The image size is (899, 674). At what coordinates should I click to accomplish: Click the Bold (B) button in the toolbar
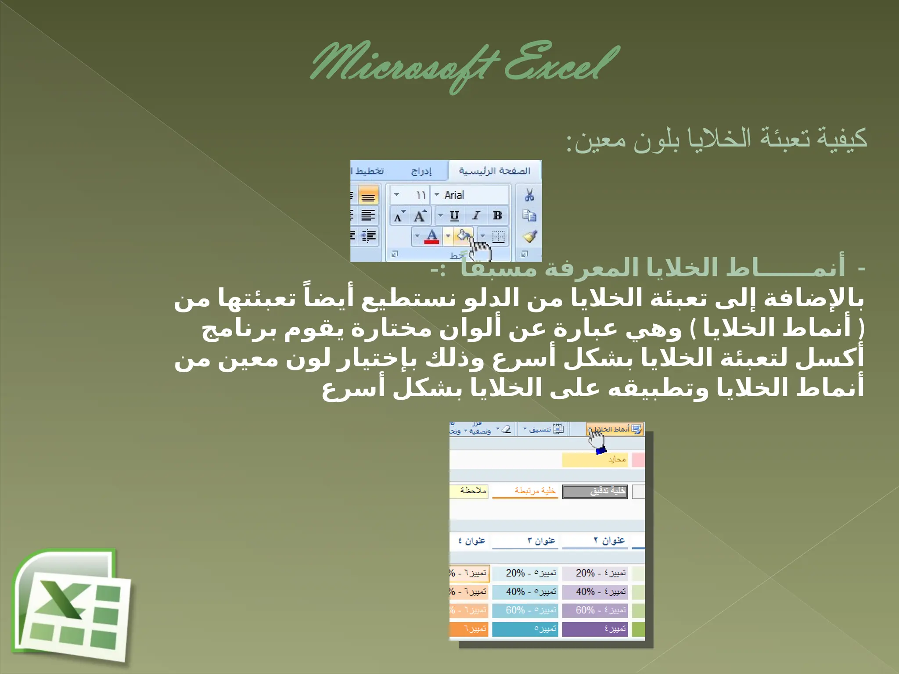497,215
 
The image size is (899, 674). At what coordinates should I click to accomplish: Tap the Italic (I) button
476,215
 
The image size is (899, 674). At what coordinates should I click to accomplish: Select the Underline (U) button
454,215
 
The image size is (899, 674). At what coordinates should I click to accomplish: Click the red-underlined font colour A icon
432,236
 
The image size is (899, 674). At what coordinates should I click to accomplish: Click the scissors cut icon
529,195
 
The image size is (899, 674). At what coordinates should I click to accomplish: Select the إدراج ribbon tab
421,171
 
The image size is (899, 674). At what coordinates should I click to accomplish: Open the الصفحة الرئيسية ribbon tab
495,171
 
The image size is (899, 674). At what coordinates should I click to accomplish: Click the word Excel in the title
562,64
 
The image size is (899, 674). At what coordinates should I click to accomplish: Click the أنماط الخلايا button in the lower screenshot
615,429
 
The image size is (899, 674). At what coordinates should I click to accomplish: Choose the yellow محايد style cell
595,460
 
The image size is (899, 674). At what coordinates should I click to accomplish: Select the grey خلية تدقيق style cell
595,491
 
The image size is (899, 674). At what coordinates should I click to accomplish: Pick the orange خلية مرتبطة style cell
525,491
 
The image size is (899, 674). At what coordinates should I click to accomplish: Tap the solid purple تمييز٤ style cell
595,629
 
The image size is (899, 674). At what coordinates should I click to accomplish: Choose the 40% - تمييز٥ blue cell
525,592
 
